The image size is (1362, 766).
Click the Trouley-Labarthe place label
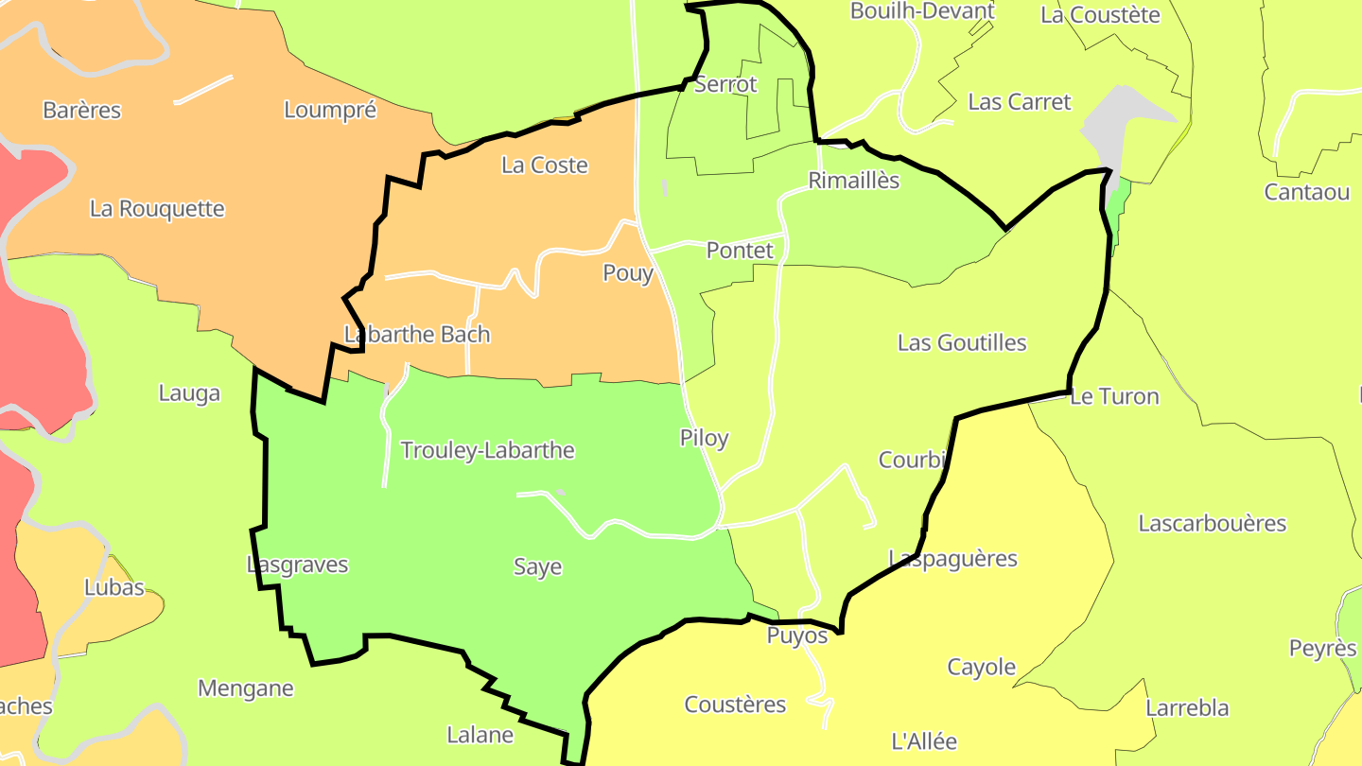487,450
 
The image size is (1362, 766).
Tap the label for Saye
537,567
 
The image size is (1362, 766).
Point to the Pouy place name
628,273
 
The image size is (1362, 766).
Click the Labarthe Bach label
417,335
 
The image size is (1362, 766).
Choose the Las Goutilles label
962,343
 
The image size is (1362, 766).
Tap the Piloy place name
704,439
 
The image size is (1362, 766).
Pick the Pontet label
740,251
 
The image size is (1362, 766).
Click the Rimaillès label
854,181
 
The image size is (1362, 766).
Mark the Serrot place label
725,84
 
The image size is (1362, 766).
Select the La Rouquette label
157,209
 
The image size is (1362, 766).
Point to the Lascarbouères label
1213,524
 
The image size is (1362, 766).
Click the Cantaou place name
1307,193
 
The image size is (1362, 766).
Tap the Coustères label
735,705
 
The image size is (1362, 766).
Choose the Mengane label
246,688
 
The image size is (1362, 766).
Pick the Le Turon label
1114,397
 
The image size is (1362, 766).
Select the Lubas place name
114,587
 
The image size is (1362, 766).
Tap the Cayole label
982,668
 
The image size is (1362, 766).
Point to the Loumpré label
330,110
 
